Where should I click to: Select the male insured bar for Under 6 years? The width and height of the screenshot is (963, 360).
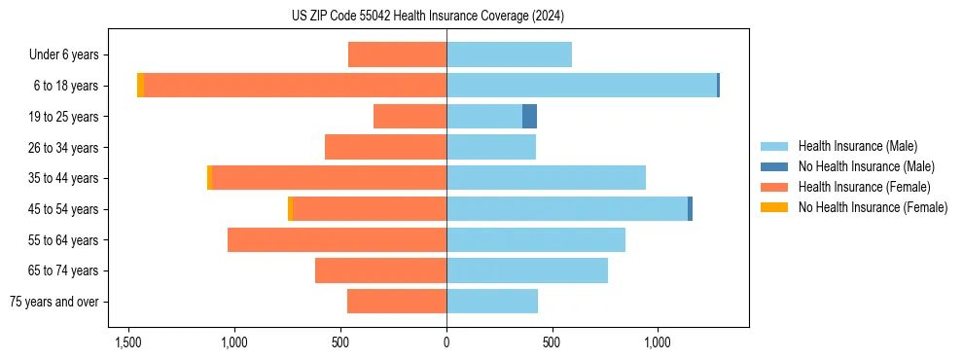[509, 54]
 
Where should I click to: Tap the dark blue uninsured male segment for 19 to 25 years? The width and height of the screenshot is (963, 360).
[529, 117]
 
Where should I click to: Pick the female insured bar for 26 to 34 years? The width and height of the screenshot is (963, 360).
[385, 147]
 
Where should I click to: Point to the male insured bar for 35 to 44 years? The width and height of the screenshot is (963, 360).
[546, 178]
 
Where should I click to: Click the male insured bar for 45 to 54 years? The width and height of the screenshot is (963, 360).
[566, 208]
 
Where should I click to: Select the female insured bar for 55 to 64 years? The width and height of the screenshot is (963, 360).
[337, 239]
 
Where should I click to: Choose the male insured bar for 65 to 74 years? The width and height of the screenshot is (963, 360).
[526, 270]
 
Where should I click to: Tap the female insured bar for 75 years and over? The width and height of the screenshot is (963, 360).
[397, 302]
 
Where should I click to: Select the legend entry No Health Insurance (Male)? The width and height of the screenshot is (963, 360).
[866, 166]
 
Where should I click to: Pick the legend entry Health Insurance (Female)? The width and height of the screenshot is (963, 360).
[864, 187]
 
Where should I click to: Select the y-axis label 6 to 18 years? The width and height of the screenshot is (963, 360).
[65, 86]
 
